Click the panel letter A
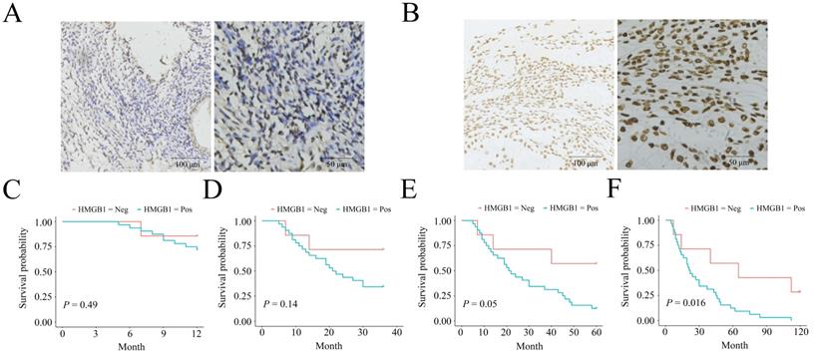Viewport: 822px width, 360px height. pos(14,17)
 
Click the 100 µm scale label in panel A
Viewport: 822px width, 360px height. pos(187,163)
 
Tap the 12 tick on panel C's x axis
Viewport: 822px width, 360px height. pos(198,332)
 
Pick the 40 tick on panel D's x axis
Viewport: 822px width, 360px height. pos(395,332)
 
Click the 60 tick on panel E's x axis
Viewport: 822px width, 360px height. pos(597,332)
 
